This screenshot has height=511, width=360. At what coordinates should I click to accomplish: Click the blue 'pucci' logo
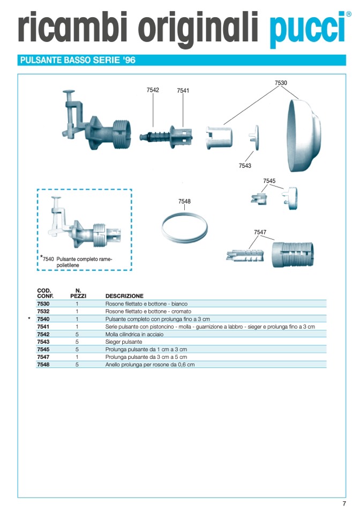pyautogui.click(x=308, y=29)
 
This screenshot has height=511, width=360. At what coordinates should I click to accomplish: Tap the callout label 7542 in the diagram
pyautogui.click(x=153, y=90)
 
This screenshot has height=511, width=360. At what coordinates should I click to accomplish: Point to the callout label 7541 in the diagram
pyautogui.click(x=183, y=91)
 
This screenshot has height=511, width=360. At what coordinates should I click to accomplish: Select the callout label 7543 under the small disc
pyautogui.click(x=245, y=166)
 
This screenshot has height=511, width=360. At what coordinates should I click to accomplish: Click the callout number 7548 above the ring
pyautogui.click(x=184, y=202)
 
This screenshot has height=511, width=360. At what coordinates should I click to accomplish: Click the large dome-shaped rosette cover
pyautogui.click(x=304, y=136)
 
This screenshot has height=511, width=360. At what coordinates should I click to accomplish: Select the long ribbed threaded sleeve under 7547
pyautogui.click(x=292, y=255)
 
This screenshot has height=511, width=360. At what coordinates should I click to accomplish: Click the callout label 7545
pyautogui.click(x=269, y=181)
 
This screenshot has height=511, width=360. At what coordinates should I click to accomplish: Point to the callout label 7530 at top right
pyautogui.click(x=281, y=83)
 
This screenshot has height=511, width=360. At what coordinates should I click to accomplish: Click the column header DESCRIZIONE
pyautogui.click(x=124, y=296)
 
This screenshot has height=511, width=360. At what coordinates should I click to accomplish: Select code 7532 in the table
pyautogui.click(x=43, y=311)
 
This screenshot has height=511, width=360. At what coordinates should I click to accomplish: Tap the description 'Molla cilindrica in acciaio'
pyautogui.click(x=134, y=334)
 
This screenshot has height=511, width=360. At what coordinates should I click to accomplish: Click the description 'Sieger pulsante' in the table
pyautogui.click(x=124, y=342)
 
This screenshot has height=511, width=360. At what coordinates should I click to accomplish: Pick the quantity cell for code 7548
pyautogui.click(x=77, y=364)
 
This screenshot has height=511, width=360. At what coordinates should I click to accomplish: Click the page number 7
pyautogui.click(x=344, y=503)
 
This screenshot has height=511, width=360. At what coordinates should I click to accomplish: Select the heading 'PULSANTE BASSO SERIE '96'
pyautogui.click(x=78, y=60)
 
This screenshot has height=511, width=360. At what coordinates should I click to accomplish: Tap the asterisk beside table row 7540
pyautogui.click(x=29, y=319)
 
